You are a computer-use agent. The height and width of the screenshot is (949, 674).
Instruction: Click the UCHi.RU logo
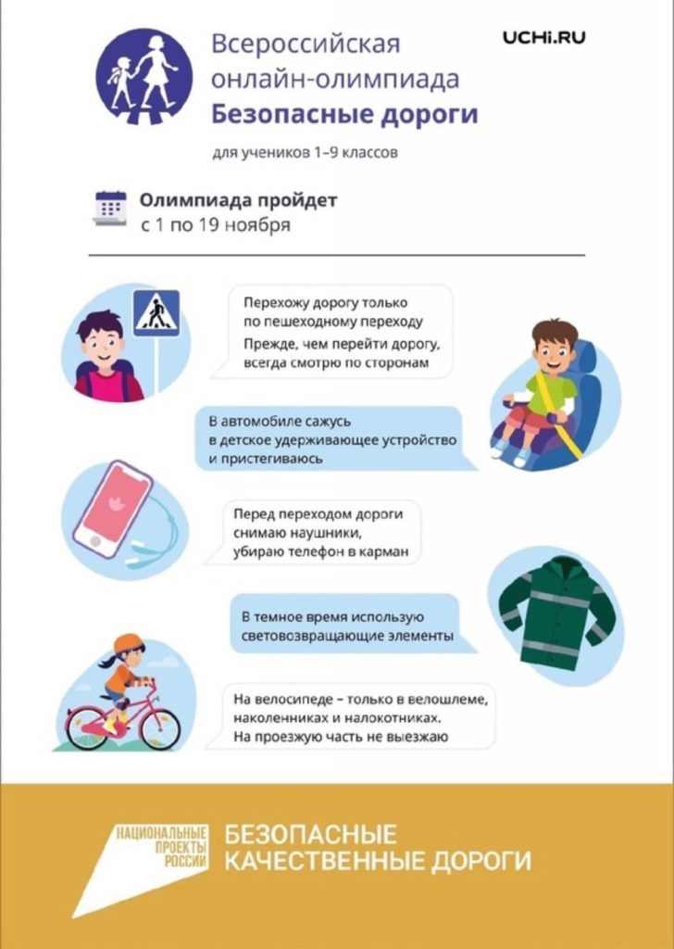coord(544,38)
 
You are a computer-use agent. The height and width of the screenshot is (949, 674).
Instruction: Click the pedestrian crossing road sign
coord(156,312)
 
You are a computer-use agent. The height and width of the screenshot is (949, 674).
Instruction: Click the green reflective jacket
coord(554,606)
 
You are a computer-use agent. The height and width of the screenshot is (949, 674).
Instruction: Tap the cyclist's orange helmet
coord(131,642)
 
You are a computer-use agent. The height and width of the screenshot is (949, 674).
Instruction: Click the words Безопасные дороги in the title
coord(344,115)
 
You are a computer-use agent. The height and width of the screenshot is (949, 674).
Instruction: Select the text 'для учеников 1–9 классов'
coord(305,152)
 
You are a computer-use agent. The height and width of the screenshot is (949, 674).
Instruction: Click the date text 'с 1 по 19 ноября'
coord(216,225)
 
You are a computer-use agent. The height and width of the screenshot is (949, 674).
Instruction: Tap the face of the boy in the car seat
coord(554,351)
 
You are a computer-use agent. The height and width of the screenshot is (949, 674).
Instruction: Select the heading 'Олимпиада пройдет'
coord(239,200)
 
